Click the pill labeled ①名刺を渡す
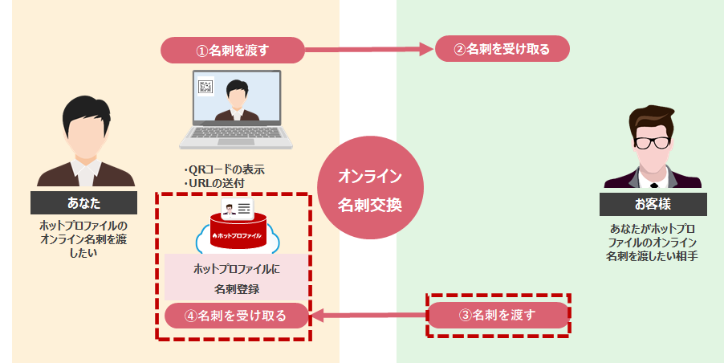coord(233,50)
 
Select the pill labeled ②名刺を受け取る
coord(502,49)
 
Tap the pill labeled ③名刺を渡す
coord(498,315)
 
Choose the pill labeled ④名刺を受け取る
coord(237,315)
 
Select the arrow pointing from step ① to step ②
coord(369,50)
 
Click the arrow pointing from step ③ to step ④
coord(368,315)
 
